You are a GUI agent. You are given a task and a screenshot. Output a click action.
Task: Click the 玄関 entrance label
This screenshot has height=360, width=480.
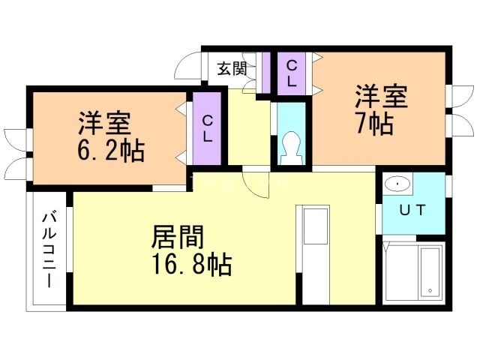click(x=232, y=70)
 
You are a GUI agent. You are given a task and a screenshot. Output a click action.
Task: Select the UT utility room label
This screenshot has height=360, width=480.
click(x=412, y=210)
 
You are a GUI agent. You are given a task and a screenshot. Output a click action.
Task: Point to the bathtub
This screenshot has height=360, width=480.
click(x=430, y=271)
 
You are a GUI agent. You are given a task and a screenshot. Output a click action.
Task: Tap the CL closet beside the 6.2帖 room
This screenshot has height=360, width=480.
click(x=208, y=128)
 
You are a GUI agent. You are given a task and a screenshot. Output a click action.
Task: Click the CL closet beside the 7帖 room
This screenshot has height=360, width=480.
click(x=292, y=73)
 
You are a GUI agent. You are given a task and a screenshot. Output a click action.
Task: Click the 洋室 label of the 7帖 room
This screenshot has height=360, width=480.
click(x=381, y=97)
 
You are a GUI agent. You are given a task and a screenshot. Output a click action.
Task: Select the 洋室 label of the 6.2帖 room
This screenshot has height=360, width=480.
click(x=106, y=121)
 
